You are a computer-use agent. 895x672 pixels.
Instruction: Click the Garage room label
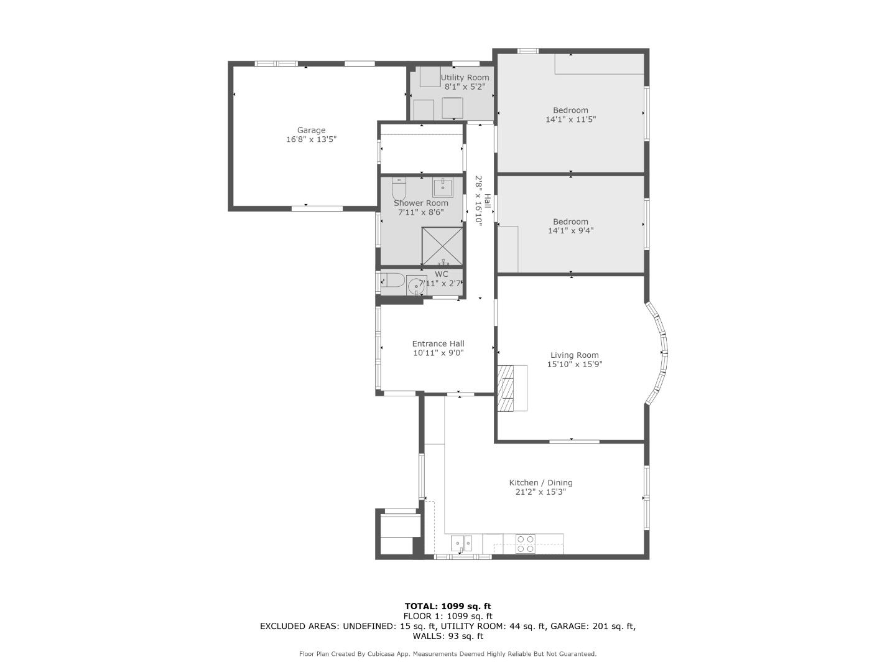(311, 130)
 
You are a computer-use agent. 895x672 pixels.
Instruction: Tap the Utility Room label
(465, 78)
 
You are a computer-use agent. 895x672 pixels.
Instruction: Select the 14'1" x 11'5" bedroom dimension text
(571, 119)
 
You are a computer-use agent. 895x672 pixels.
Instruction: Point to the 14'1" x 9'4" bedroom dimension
(571, 231)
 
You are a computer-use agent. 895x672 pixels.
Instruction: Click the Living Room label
(575, 355)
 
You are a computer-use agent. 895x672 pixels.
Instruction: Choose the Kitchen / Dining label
(540, 483)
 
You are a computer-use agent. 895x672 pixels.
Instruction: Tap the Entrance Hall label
(438, 343)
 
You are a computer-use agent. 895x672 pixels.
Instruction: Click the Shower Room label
(421, 203)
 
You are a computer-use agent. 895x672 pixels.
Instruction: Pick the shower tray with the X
(442, 246)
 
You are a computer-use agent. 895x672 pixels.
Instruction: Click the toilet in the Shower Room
(399, 189)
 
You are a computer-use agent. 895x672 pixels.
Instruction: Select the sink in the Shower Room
(442, 187)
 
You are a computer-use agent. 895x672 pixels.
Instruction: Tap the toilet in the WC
(392, 281)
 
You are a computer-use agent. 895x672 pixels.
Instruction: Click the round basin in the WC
(416, 286)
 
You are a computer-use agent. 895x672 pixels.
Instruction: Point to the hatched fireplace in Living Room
(512, 388)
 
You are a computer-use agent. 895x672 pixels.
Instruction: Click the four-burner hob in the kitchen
(525, 544)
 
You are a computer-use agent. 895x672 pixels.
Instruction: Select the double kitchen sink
(461, 544)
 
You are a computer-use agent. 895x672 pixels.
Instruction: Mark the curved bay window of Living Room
(660, 353)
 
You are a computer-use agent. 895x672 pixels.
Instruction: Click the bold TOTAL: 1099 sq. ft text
(448, 606)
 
